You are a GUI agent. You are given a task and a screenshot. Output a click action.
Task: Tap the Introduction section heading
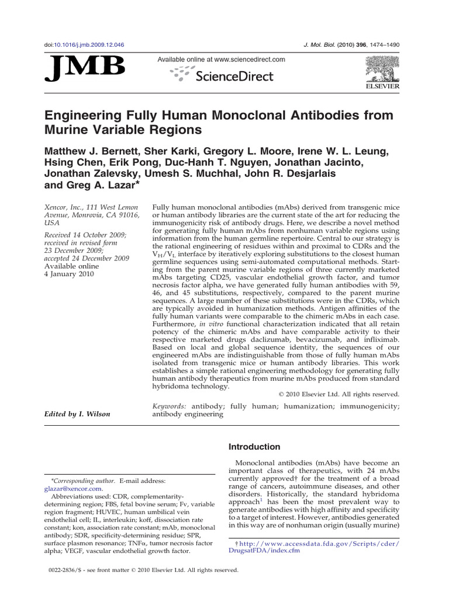pyautogui.click(x=254, y=447)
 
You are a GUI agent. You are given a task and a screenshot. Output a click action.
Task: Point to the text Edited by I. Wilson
pyautogui.click(x=78, y=414)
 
